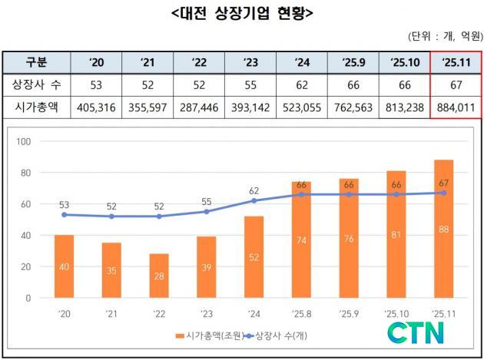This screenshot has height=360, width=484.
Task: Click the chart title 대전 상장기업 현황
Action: tap(242, 13)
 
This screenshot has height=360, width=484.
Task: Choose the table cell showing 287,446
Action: tap(199, 107)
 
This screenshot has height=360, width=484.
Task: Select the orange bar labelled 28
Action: tap(160, 276)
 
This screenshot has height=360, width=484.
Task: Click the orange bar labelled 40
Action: tap(65, 266)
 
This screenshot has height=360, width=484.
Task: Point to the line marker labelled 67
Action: tap(444, 193)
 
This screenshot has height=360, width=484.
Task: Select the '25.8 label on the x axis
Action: tap(302, 313)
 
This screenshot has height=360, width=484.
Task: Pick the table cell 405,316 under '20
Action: tap(97, 107)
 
